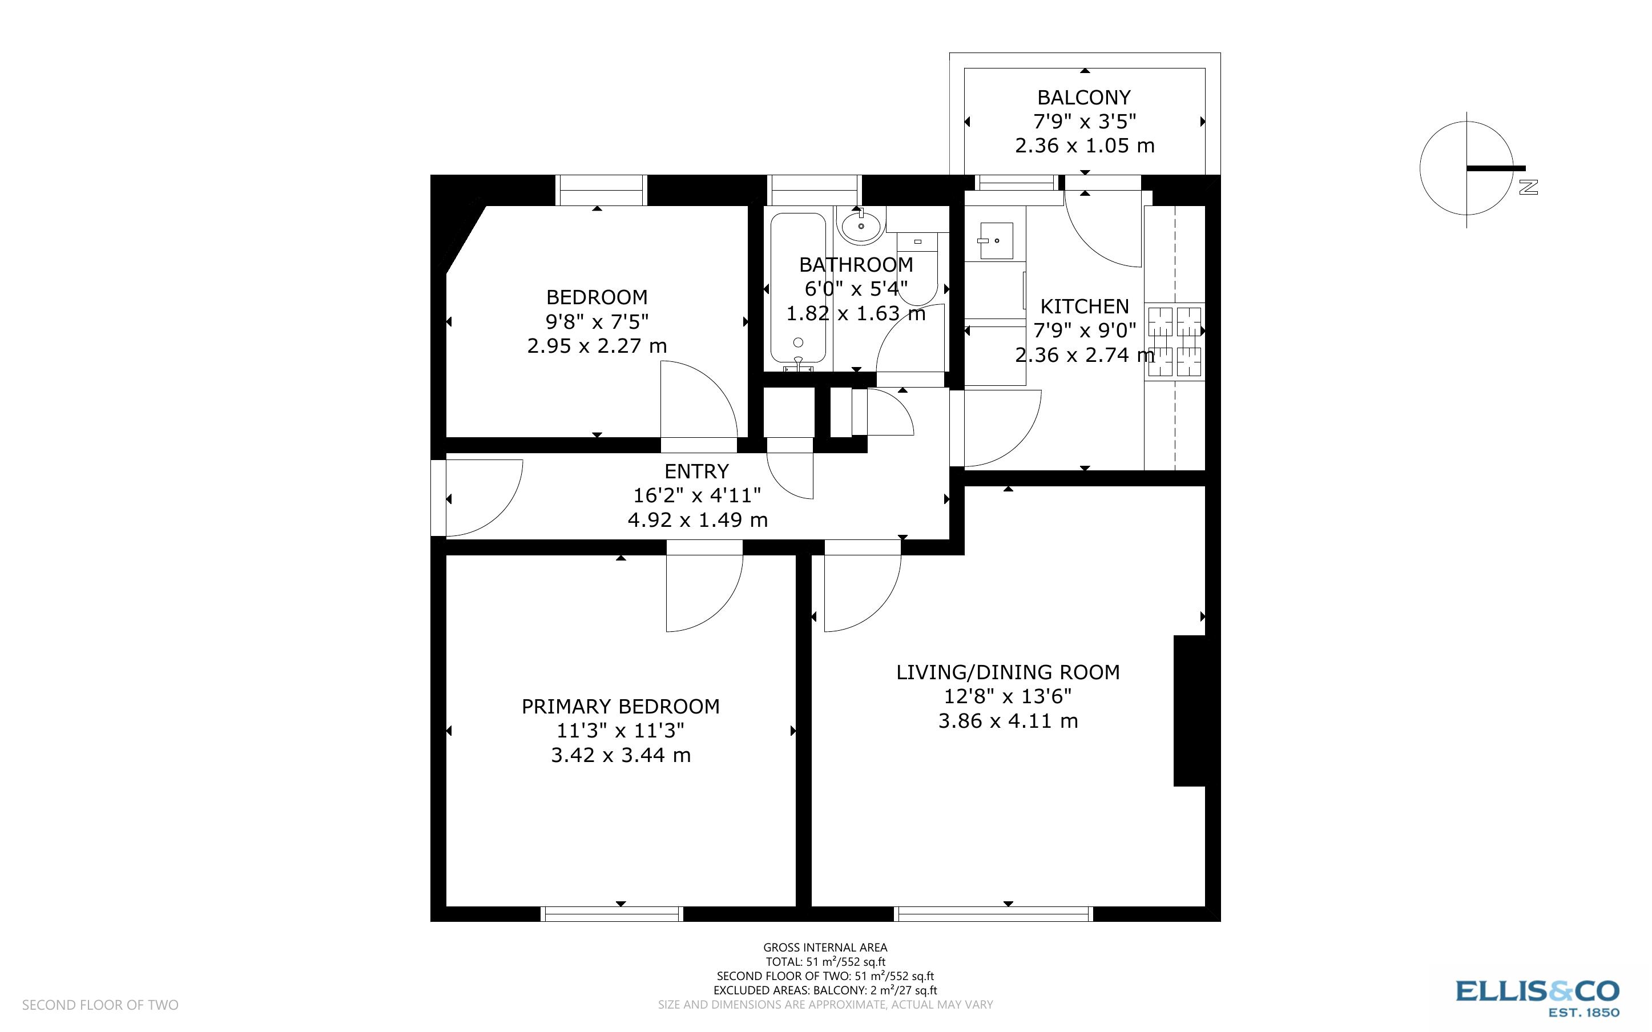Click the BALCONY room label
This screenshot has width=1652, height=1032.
pos(1083,98)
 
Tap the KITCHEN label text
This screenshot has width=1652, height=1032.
pos(1083,307)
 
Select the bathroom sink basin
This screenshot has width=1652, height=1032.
pos(861,226)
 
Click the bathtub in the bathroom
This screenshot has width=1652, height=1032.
pos(799,290)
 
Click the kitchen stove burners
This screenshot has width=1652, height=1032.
pos(1174,341)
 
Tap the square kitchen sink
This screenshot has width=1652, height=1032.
pos(996,240)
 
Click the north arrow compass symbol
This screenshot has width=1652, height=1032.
pos(1467,168)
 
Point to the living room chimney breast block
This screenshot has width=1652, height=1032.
pos(1190,711)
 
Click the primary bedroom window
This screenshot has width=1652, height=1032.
pos(612,914)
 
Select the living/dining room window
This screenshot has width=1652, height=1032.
pos(993,914)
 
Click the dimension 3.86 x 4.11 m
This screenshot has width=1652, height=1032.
pos(1008,721)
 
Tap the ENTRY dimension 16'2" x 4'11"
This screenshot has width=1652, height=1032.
pos(696,495)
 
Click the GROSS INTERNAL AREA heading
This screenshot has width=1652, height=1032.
pos(825,948)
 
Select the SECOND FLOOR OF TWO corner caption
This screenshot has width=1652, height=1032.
pos(100,1005)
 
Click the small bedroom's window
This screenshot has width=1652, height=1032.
pos(601,191)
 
